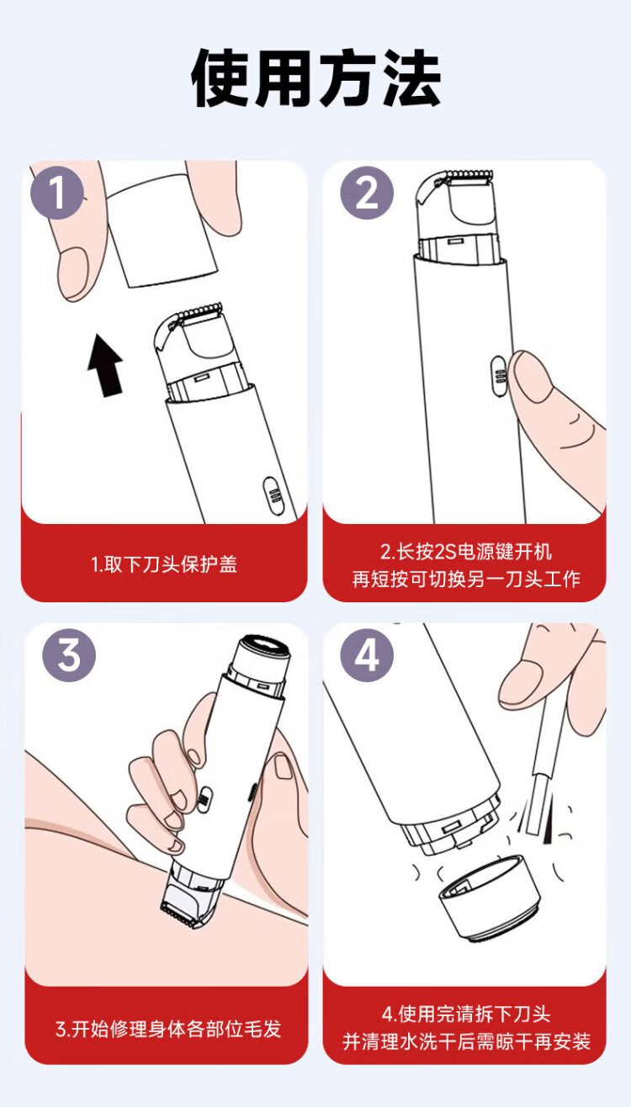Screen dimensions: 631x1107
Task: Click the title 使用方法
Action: pyautogui.click(x=315, y=77)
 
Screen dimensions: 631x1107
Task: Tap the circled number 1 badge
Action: pyautogui.click(x=57, y=193)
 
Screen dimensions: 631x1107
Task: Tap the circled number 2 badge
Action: pyautogui.click(x=367, y=193)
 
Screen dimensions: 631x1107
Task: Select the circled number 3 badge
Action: pyautogui.click(x=69, y=654)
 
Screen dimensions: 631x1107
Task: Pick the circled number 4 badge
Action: pyautogui.click(x=367, y=654)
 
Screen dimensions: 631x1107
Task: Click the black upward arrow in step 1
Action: pyautogui.click(x=105, y=365)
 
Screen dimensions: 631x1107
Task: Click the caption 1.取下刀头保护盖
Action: pyautogui.click(x=164, y=564)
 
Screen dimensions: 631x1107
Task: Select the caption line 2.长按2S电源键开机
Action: pyautogui.click(x=465, y=551)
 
